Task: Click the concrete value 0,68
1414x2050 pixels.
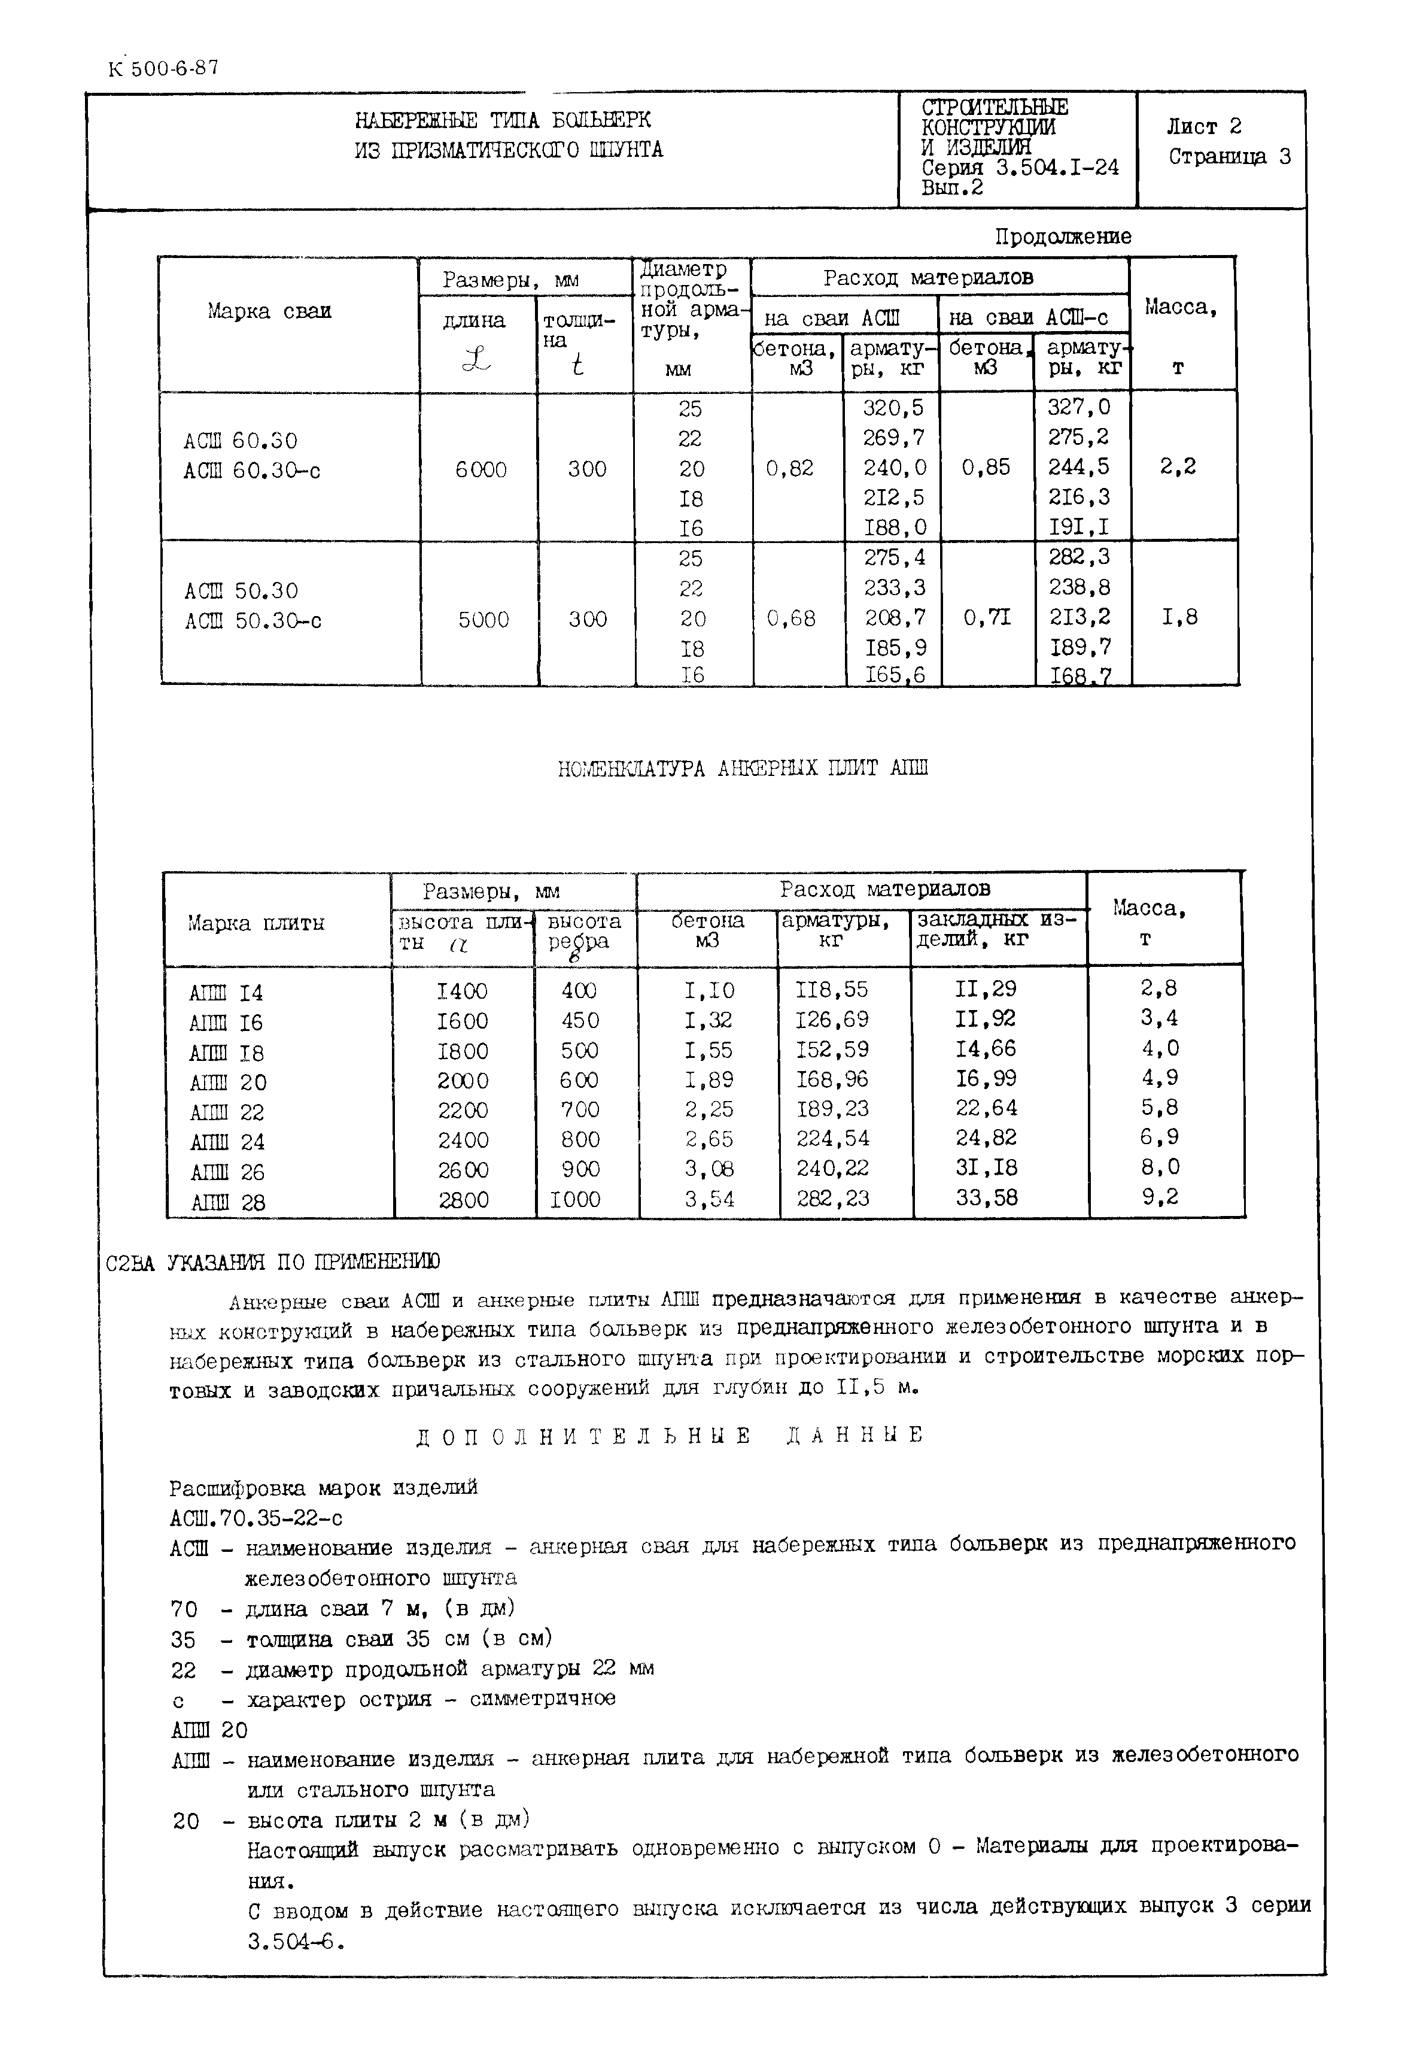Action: [790, 618]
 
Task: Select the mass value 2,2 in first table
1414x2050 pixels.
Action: [1178, 467]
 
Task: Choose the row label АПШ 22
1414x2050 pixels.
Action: [227, 1112]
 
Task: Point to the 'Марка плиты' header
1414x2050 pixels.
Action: [256, 924]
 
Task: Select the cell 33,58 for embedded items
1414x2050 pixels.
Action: [986, 1198]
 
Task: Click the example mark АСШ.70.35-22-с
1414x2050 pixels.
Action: [256, 1518]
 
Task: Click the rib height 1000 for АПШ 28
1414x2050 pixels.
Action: [575, 1199]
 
